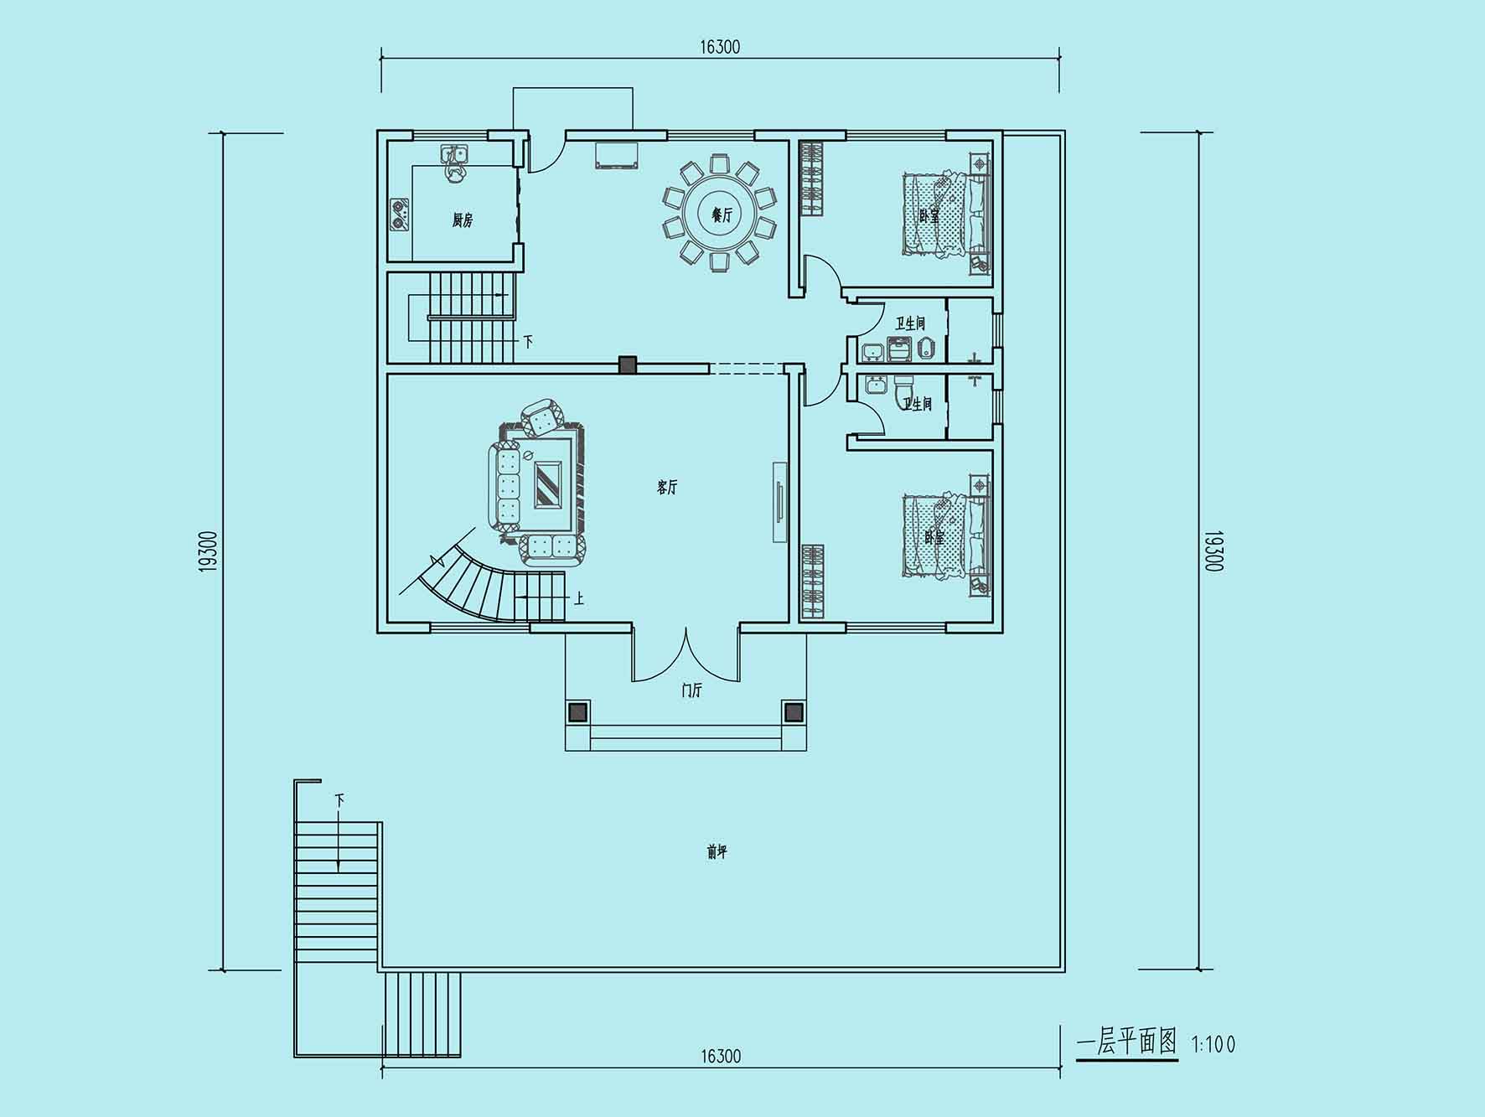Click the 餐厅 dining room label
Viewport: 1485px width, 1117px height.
coord(722,215)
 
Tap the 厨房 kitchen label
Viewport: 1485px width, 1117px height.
coord(463,220)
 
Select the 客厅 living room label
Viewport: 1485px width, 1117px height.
coord(667,487)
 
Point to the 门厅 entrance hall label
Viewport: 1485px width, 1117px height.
coord(692,690)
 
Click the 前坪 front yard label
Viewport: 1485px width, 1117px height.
coord(717,852)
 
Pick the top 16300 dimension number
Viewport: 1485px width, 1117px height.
coord(721,47)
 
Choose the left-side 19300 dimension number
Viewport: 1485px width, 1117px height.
coord(209,551)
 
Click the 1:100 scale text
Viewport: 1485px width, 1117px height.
coord(1213,1044)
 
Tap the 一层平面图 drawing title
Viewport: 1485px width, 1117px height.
coord(1127,1042)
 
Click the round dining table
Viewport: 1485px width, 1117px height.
coord(721,215)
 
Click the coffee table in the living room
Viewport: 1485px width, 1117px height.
coord(549,484)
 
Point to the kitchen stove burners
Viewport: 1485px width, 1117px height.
coord(400,214)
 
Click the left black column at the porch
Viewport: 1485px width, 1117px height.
coord(577,712)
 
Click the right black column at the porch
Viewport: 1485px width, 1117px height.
coord(793,712)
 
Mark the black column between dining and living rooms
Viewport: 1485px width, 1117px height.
coord(628,365)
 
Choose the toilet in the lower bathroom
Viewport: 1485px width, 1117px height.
coord(905,390)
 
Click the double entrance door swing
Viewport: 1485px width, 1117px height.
coord(686,654)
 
